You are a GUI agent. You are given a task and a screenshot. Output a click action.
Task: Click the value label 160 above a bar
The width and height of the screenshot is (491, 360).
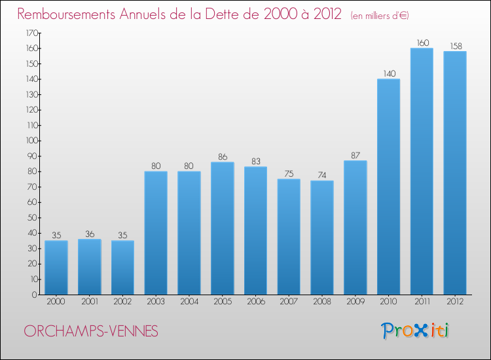[422, 43]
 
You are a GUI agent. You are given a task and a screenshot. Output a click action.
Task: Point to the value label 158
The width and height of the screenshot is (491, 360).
[455, 46]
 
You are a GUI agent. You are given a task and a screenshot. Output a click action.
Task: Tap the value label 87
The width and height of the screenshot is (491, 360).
[355, 156]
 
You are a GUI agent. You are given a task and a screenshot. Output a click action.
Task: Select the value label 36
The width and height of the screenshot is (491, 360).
[90, 234]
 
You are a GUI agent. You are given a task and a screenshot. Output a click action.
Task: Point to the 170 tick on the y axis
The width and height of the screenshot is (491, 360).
[31, 33]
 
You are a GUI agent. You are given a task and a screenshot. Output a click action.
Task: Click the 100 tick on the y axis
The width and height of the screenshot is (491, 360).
[31, 141]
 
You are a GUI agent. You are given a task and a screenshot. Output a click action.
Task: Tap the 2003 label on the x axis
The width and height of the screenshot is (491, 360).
[156, 301]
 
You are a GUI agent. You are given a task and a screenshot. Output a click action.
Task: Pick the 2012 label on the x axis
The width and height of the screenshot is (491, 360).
[455, 301]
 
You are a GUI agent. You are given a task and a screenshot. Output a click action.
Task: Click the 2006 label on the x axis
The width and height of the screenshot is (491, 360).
[255, 301]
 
